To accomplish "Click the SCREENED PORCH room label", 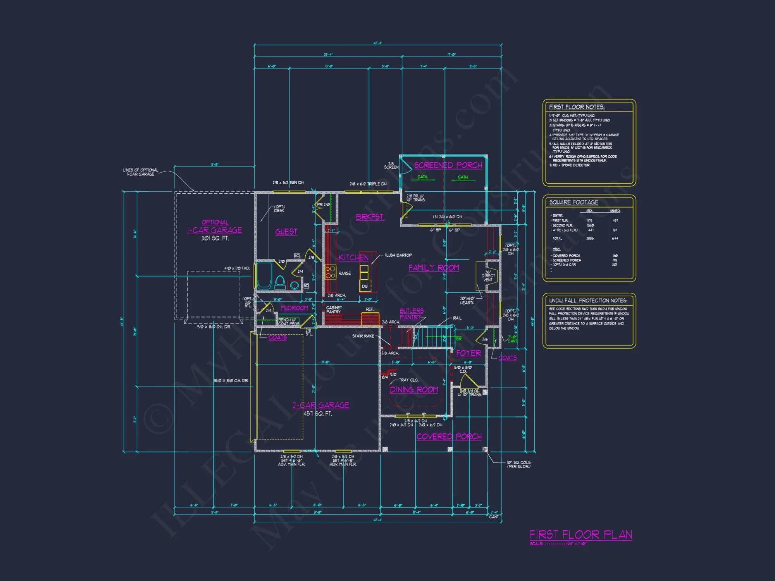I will point(448,165).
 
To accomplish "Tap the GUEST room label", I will point(286,232).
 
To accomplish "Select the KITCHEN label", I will point(353,258).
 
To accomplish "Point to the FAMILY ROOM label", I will point(434,268).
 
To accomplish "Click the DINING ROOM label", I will point(414,390).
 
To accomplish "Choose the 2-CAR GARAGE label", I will point(321,405).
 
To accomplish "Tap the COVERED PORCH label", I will point(449,437).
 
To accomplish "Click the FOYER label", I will point(468,353).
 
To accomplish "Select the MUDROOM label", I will point(294,308).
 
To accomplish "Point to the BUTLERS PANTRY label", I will point(411,314).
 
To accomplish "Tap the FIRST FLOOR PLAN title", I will point(581,535).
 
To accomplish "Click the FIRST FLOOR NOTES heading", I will point(577,107).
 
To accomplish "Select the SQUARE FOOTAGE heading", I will point(573,202).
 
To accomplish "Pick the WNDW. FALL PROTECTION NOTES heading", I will point(588,301).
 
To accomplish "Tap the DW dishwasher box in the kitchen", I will point(365,286).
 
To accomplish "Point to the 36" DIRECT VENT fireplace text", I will point(488,276).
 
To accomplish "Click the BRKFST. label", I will point(370,217).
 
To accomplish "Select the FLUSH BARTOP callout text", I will point(398,255).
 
